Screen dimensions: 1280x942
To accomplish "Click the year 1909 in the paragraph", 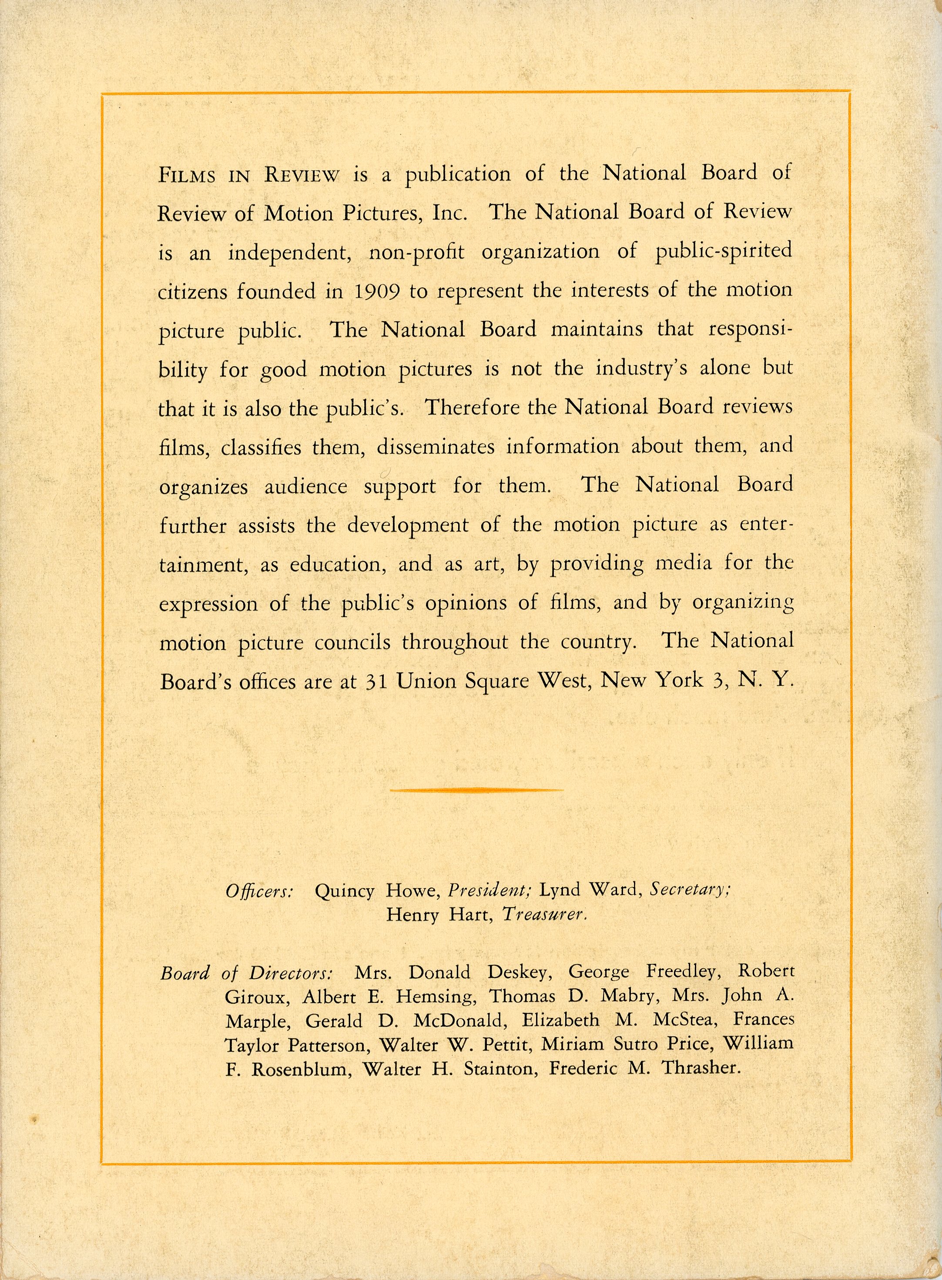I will [375, 292].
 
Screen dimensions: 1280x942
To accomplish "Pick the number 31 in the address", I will [376, 682].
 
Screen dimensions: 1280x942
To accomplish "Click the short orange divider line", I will [476, 790].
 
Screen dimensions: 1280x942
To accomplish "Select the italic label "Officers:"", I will [259, 891].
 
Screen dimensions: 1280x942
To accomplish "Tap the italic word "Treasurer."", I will [544, 915].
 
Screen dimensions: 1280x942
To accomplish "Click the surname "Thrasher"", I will [701, 1068].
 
